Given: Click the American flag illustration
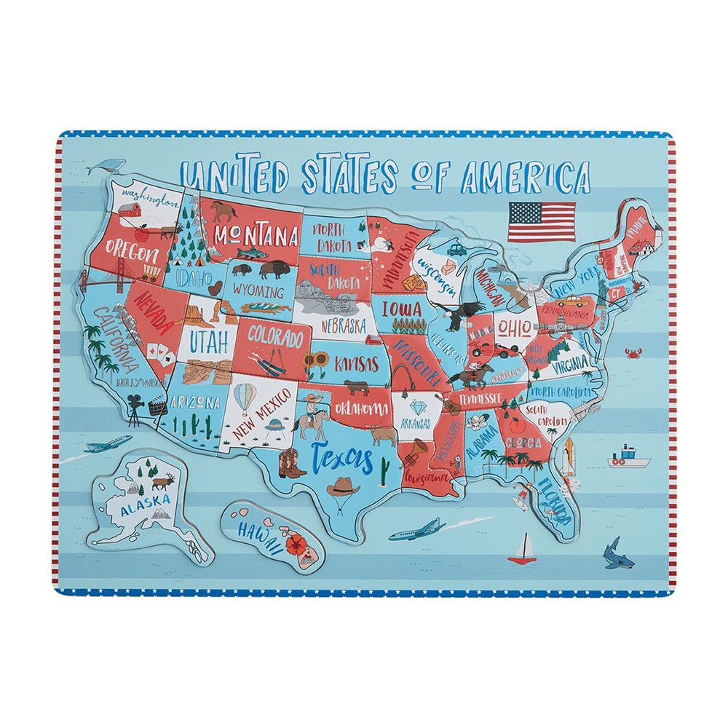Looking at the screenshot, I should (x=541, y=222).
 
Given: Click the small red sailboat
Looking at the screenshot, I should (x=522, y=550).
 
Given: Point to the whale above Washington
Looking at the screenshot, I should (x=106, y=167).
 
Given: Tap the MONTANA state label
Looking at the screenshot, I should (x=256, y=236).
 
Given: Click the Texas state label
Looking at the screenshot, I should (x=342, y=459).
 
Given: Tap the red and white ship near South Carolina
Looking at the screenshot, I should (x=629, y=457).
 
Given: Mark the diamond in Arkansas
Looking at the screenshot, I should (x=417, y=406).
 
